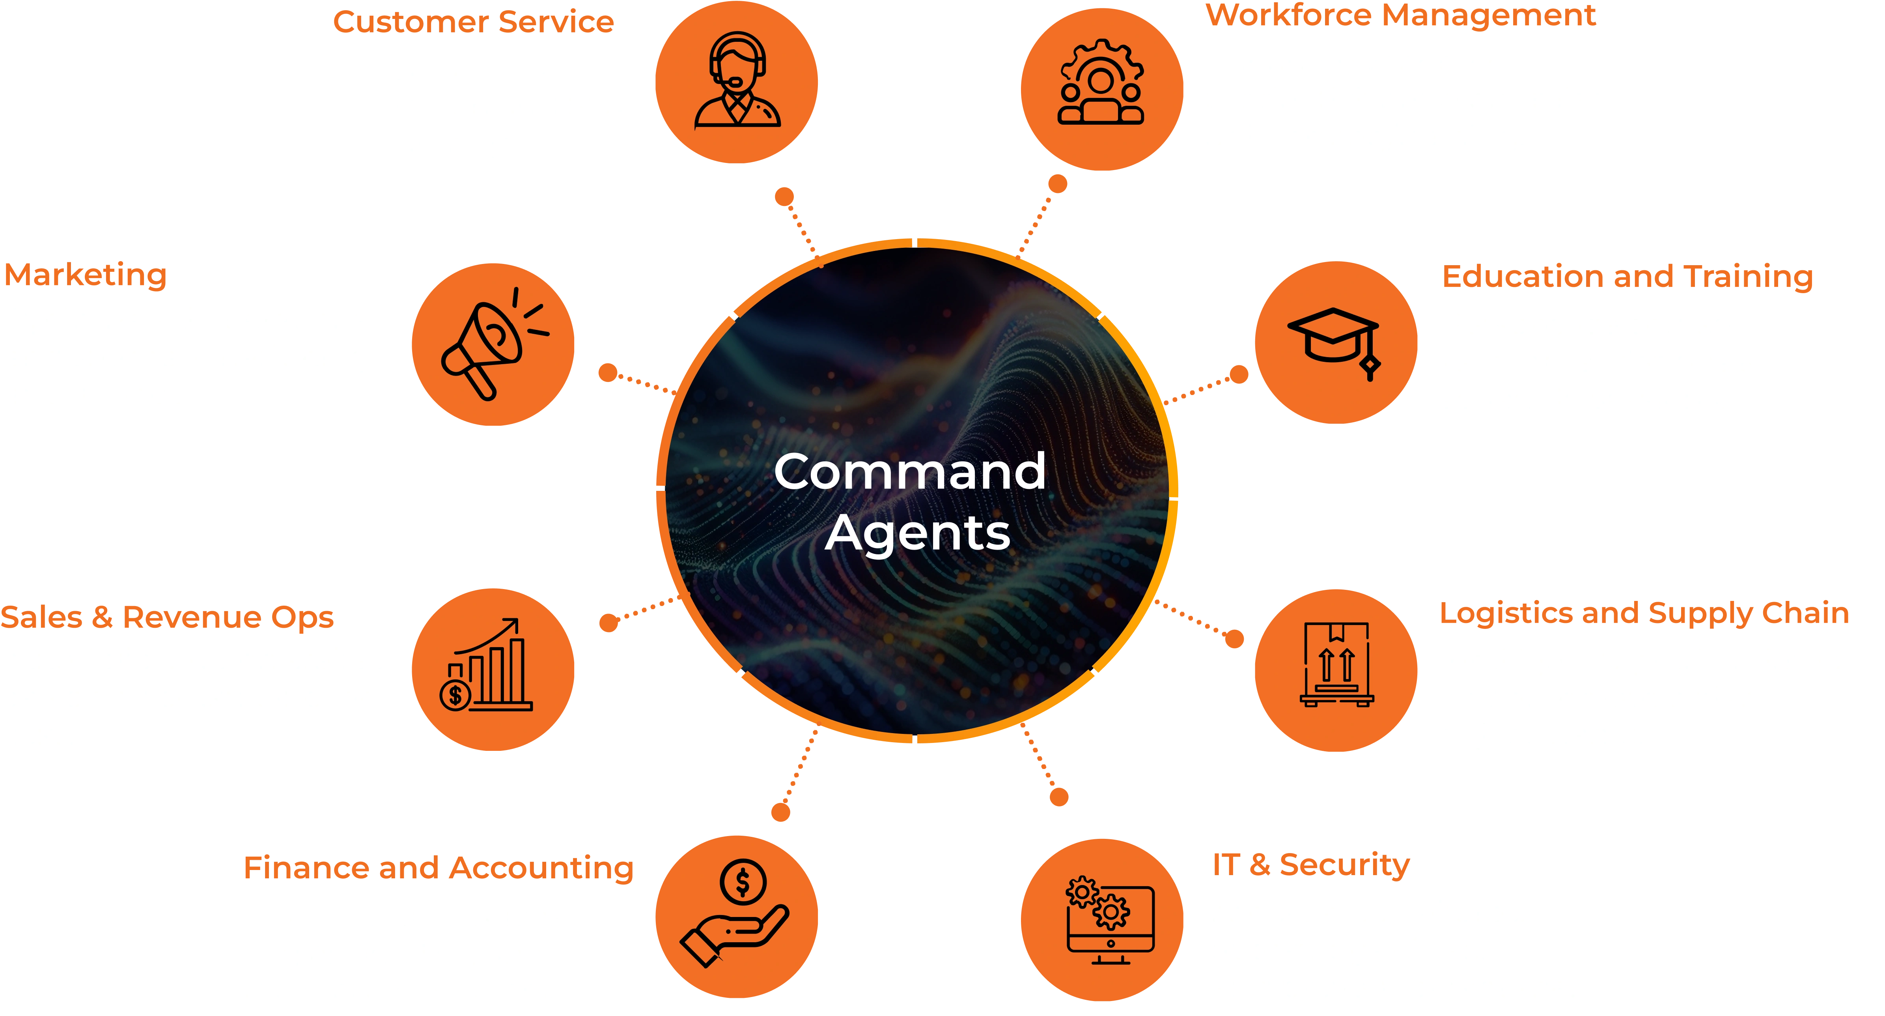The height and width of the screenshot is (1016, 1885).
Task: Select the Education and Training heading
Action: [1627, 277]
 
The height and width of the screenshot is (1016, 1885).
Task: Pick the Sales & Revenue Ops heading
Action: [167, 617]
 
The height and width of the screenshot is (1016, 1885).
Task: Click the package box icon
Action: [1336, 665]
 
